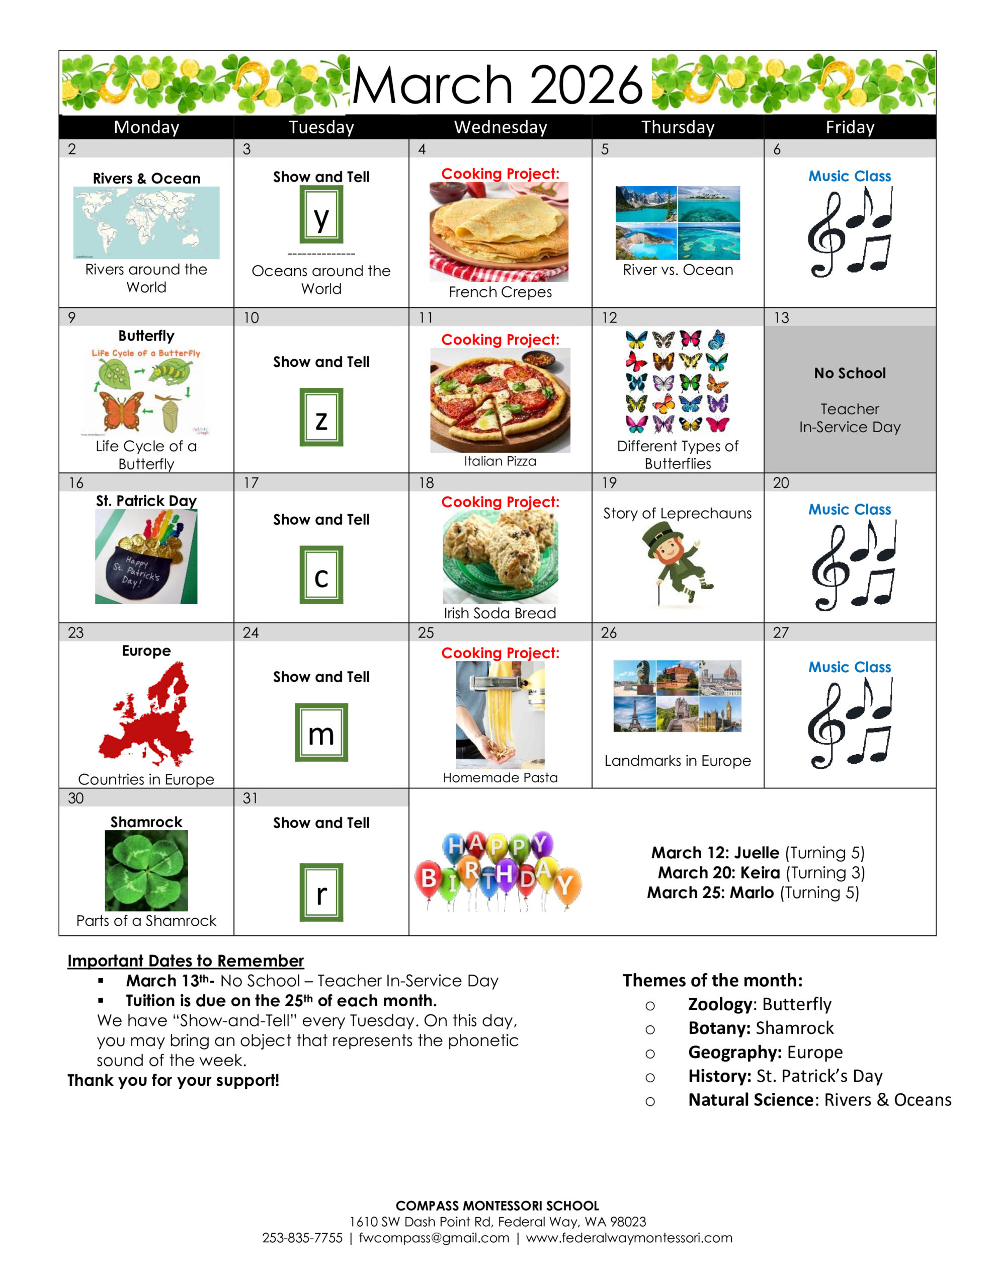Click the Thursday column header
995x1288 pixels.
click(x=677, y=127)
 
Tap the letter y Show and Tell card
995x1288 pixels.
click(x=321, y=215)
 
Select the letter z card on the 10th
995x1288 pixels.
click(x=321, y=417)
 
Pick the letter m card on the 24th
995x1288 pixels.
click(x=321, y=732)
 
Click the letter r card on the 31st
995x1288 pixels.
click(x=321, y=892)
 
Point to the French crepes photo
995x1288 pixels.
click(x=499, y=232)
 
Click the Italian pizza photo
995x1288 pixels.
click(x=500, y=400)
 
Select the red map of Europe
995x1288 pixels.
click(x=146, y=713)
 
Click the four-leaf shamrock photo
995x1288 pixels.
click(x=146, y=870)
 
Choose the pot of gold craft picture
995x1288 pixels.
click(x=146, y=556)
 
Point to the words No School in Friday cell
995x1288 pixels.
click(x=849, y=373)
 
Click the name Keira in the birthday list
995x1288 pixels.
click(x=760, y=873)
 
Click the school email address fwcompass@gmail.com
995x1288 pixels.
click(x=434, y=1237)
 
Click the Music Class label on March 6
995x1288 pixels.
click(x=849, y=176)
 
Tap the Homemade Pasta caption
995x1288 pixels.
click(x=500, y=777)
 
